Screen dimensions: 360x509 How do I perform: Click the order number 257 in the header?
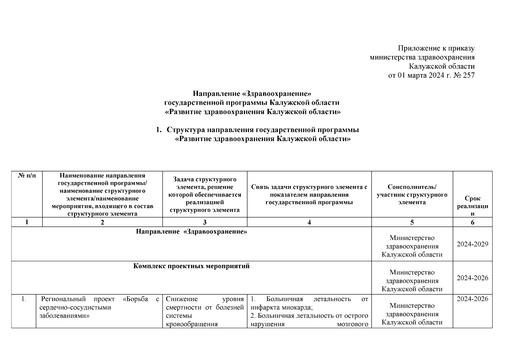click(469, 75)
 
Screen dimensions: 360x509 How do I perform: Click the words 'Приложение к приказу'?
click(436, 48)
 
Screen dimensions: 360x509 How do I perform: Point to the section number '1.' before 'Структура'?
click(159, 130)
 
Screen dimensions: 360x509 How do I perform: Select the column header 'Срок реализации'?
click(472, 206)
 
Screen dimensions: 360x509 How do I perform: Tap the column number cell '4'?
click(309, 222)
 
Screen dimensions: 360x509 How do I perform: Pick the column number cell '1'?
click(27, 222)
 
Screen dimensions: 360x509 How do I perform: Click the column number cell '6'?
click(472, 222)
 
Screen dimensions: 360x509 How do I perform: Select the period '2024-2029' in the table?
click(472, 244)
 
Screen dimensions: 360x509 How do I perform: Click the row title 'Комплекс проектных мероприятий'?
click(191, 266)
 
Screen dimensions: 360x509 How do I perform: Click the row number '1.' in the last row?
click(24, 299)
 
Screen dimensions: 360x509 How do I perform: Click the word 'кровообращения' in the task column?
click(192, 324)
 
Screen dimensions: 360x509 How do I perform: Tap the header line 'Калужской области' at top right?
click(442, 66)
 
